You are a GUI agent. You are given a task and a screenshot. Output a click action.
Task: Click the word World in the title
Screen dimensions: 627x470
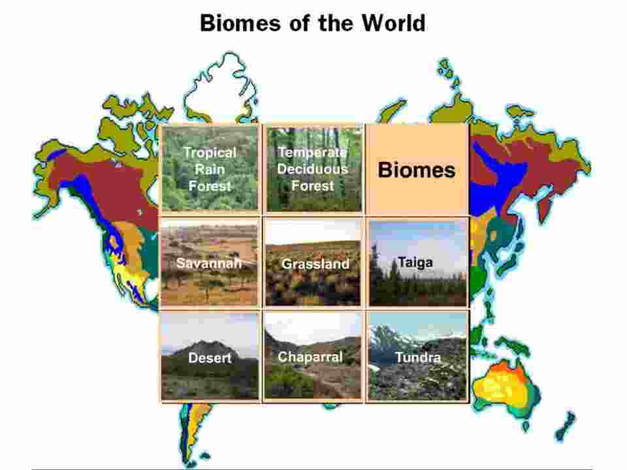pyautogui.click(x=393, y=23)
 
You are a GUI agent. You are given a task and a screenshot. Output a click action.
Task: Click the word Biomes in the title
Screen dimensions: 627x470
pyautogui.click(x=240, y=23)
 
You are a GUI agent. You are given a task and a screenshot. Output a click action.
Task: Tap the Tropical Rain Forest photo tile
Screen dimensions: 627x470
pyautogui.click(x=210, y=168)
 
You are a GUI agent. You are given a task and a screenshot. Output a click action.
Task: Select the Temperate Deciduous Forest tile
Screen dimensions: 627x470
pyautogui.click(x=313, y=168)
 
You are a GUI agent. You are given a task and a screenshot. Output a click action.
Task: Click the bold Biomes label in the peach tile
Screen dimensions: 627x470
pyautogui.click(x=417, y=170)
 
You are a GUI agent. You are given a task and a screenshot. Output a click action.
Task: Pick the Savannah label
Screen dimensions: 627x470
pyautogui.click(x=209, y=262)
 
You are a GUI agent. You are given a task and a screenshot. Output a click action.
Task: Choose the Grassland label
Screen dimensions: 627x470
pyautogui.click(x=315, y=264)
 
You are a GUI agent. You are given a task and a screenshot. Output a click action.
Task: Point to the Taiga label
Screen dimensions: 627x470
pyautogui.click(x=415, y=262)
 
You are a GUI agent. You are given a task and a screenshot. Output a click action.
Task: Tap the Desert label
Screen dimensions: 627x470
pyautogui.click(x=210, y=357)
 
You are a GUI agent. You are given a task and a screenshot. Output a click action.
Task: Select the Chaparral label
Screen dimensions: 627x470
pyautogui.click(x=310, y=356)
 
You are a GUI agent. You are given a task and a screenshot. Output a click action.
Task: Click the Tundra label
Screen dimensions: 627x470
pyautogui.click(x=418, y=357)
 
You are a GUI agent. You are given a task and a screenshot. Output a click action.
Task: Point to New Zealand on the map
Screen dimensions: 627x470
pyautogui.click(x=564, y=427)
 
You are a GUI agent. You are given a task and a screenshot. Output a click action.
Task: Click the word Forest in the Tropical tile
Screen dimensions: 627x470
pyautogui.click(x=210, y=186)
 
